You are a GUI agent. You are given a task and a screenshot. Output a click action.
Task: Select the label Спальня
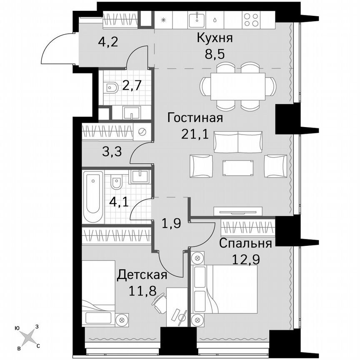(246, 243)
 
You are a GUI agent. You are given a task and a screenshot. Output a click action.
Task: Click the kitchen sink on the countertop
(196, 19)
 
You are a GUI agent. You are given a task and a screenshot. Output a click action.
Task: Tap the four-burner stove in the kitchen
(251, 19)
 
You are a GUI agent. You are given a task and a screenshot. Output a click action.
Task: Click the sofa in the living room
(237, 142)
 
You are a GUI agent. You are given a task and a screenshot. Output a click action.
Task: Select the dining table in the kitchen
(237, 86)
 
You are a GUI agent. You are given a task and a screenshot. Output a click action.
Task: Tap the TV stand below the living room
(238, 211)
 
